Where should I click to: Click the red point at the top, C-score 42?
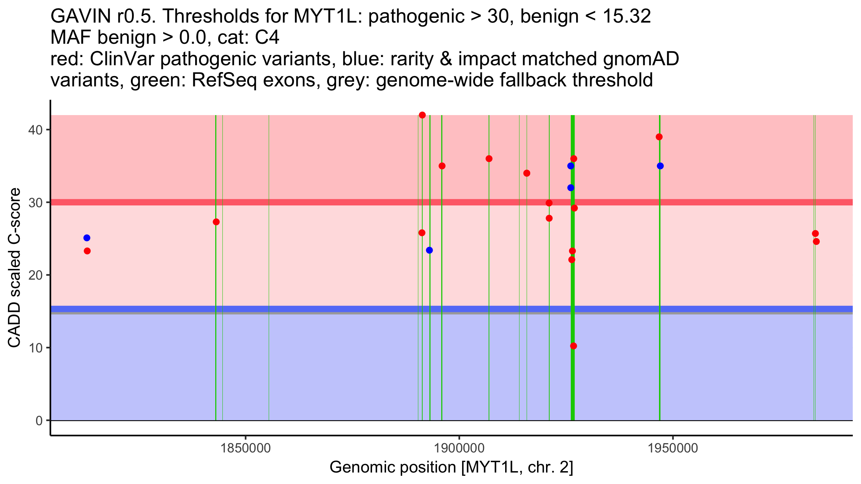click(422, 115)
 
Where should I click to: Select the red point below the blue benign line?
click(573, 346)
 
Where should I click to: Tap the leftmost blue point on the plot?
click(87, 238)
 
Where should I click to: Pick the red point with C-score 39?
click(659, 137)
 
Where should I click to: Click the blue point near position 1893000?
click(429, 250)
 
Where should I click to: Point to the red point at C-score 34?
click(527, 173)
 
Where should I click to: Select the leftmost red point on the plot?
click(87, 251)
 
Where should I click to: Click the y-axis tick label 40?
click(35, 130)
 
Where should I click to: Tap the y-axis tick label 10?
click(35, 348)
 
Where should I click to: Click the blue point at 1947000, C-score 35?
click(660, 166)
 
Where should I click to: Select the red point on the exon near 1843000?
click(216, 222)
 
